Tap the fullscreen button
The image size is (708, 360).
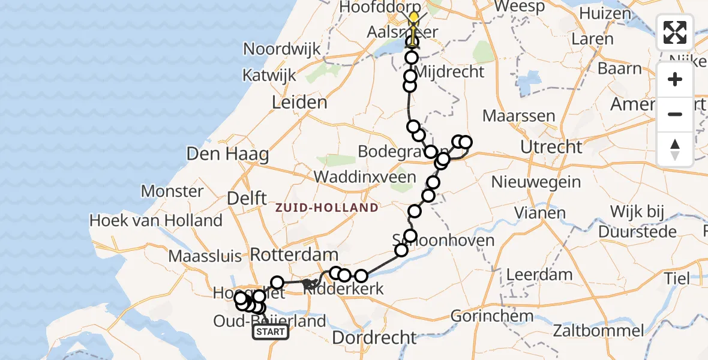675,32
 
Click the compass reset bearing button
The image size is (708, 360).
675,149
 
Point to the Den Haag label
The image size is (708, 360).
227,154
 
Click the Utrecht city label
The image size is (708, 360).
551,146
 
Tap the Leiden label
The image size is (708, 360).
299,102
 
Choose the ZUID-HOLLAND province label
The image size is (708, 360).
327,208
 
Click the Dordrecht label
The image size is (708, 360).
374,338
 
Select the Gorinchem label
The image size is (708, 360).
491,316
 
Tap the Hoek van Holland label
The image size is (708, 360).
155,220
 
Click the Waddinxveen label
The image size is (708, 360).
365,177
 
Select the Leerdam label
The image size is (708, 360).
539,275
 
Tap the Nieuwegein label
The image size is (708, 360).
536,181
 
